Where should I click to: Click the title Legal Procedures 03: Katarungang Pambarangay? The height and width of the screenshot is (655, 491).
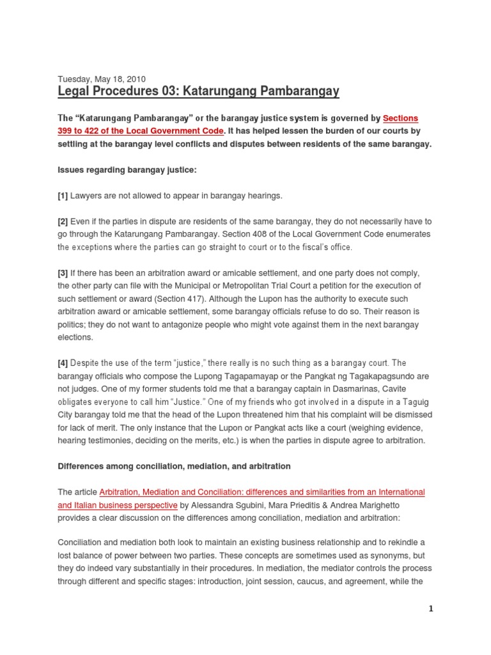[198, 92]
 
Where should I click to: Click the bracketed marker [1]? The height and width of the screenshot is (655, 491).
[63, 195]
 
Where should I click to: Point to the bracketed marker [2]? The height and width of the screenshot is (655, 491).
[63, 221]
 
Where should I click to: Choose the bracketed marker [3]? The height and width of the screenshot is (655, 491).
[63, 273]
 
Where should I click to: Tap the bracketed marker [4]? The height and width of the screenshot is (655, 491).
[63, 363]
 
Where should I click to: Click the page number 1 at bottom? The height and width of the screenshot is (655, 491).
[431, 609]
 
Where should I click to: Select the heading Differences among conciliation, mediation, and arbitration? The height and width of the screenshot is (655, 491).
[174, 466]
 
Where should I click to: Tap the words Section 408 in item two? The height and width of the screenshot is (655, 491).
[280, 234]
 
